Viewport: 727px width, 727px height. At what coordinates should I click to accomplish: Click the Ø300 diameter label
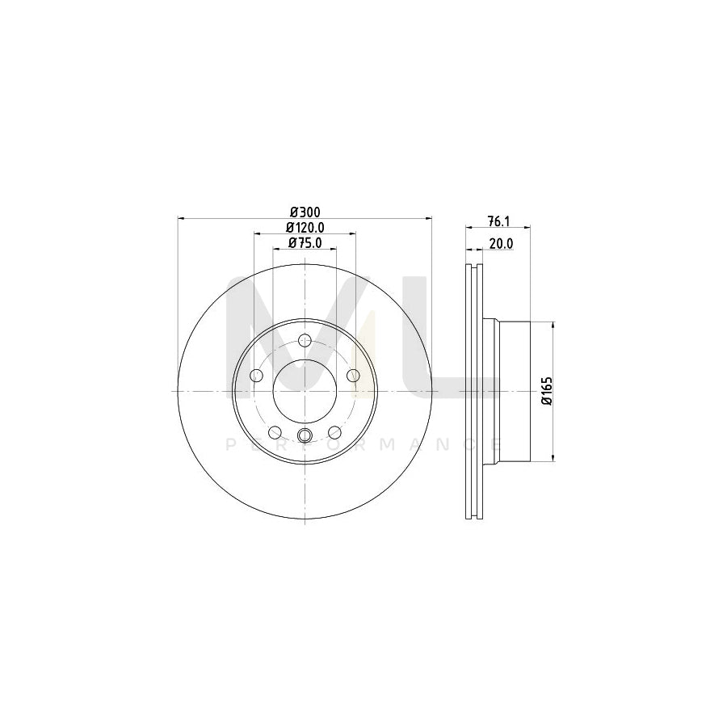pyautogui.click(x=305, y=212)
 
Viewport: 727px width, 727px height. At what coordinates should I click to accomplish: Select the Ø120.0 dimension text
pyautogui.click(x=305, y=228)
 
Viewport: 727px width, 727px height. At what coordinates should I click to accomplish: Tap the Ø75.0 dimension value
pyautogui.click(x=305, y=242)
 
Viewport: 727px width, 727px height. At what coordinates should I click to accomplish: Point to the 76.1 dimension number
pyautogui.click(x=499, y=221)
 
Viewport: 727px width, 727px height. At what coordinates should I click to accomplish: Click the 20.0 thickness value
pyautogui.click(x=499, y=243)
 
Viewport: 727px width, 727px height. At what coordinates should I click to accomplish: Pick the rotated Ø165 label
pyautogui.click(x=546, y=391)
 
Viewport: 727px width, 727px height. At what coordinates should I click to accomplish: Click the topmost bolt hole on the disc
pyautogui.click(x=305, y=341)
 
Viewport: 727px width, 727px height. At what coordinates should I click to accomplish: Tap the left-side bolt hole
pyautogui.click(x=257, y=375)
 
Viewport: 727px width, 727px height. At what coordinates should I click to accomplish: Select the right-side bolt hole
pyautogui.click(x=353, y=375)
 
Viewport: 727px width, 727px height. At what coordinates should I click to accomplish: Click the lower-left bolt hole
pyautogui.click(x=275, y=431)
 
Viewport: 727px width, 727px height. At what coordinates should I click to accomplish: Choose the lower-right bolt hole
pyautogui.click(x=334, y=431)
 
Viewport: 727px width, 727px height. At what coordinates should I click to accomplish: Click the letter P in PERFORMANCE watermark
pyautogui.click(x=227, y=444)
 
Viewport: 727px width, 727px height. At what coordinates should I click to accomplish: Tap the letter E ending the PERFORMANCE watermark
pyautogui.click(x=497, y=444)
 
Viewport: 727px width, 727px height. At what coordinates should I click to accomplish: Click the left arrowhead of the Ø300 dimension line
pyautogui.click(x=181, y=218)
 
